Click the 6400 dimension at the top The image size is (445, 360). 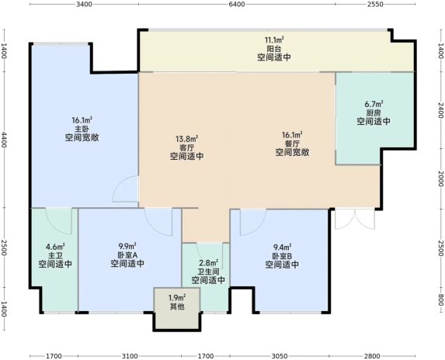tap(237, 4)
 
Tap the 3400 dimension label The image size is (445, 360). tap(85, 4)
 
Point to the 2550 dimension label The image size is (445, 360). tap(375, 4)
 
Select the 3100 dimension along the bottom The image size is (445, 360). tap(130, 356)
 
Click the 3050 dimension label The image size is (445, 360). tap(280, 356)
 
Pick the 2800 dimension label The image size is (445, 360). tap(372, 356)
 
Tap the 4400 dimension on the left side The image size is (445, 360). tap(4, 140)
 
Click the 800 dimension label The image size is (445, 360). tap(440, 300)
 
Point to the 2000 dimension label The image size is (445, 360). tap(440, 178)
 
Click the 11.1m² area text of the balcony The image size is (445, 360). tap(274, 40)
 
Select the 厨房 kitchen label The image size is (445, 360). tap(374, 112)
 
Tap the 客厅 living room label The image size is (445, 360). tap(186, 147)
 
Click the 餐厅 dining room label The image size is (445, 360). tap(292, 144)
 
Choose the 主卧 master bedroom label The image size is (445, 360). tap(82, 129)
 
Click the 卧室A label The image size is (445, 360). tap(127, 254)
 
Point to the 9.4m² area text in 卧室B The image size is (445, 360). tap(282, 247)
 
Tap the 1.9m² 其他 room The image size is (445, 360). tap(177, 302)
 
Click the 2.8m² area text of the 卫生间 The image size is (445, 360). tap(208, 262)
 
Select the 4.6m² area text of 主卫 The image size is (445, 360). tap(55, 246)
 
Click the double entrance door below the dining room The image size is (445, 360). tap(355, 219)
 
